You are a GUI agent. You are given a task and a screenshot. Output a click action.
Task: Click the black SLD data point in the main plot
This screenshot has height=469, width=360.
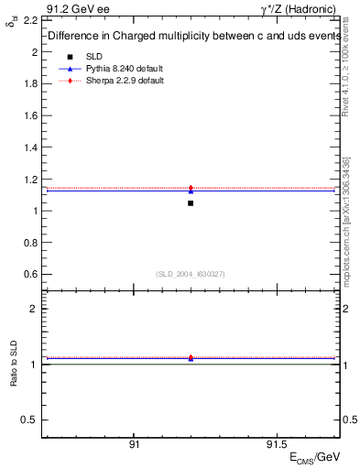click(191, 202)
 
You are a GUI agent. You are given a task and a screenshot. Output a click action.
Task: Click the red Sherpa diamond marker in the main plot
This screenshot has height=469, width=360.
click(191, 188)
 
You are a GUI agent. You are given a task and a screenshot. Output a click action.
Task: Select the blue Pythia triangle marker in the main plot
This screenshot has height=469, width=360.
click(191, 191)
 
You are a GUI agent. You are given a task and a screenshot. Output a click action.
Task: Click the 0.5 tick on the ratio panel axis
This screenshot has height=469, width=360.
click(29, 420)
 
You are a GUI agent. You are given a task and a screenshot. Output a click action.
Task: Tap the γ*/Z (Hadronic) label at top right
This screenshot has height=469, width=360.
click(300, 8)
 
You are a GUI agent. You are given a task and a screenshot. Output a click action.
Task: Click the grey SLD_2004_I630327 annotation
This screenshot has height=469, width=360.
click(191, 274)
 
